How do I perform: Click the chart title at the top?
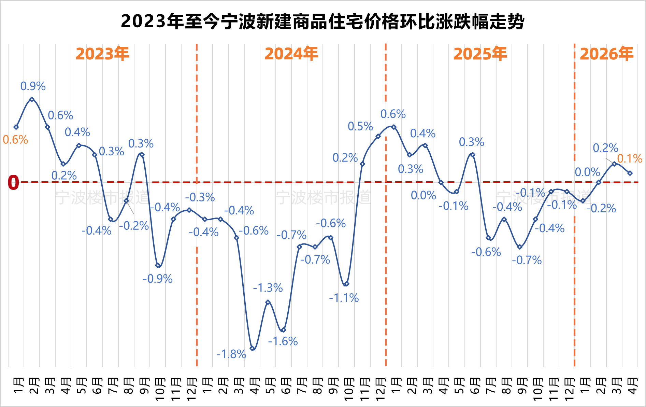pos(322,22)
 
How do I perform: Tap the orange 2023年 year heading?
pos(102,54)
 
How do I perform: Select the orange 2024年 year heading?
pos(291,54)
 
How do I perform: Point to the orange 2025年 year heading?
pos(480,54)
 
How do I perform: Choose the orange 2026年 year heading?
pos(606,54)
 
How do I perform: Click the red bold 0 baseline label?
pos(13,182)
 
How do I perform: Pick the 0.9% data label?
pos(33,86)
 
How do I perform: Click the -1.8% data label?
pos(231,354)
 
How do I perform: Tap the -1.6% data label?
pos(283,341)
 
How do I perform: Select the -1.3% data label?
pos(268,288)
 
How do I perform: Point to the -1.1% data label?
pos(344,298)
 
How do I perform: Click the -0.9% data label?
pos(158,279)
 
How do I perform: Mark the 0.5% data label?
pos(360,126)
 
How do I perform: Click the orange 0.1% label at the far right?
pos(630,158)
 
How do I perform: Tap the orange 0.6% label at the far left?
pos(15,140)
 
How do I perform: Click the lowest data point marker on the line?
pos(253,348)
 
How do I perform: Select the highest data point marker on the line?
pos(32,99)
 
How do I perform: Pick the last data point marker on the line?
pos(630,173)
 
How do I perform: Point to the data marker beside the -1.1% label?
pos(347,284)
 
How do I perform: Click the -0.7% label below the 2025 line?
pos(527,260)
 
